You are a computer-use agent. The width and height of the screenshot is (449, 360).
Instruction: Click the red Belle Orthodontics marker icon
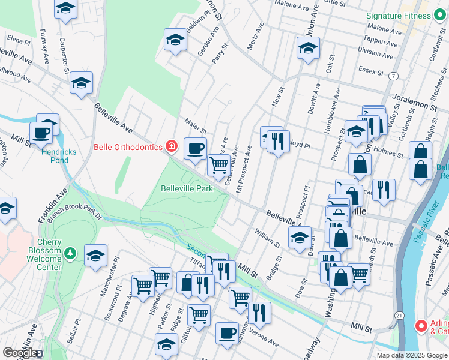click(x=172, y=146)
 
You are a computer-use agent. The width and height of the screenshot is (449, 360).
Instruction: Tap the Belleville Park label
click(x=187, y=188)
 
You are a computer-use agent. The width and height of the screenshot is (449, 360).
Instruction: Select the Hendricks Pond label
click(x=59, y=156)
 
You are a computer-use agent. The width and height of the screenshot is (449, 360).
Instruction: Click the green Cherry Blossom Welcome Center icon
click(x=71, y=254)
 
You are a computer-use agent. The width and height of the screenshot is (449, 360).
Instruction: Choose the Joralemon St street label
click(x=414, y=101)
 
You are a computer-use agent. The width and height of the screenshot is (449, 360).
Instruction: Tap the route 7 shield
click(x=393, y=76)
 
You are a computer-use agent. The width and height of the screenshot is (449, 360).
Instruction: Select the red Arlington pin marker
click(x=421, y=326)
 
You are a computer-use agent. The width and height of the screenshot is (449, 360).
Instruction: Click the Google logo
click(x=20, y=353)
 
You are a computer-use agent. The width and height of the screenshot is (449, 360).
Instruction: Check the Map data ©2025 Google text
click(x=412, y=355)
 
